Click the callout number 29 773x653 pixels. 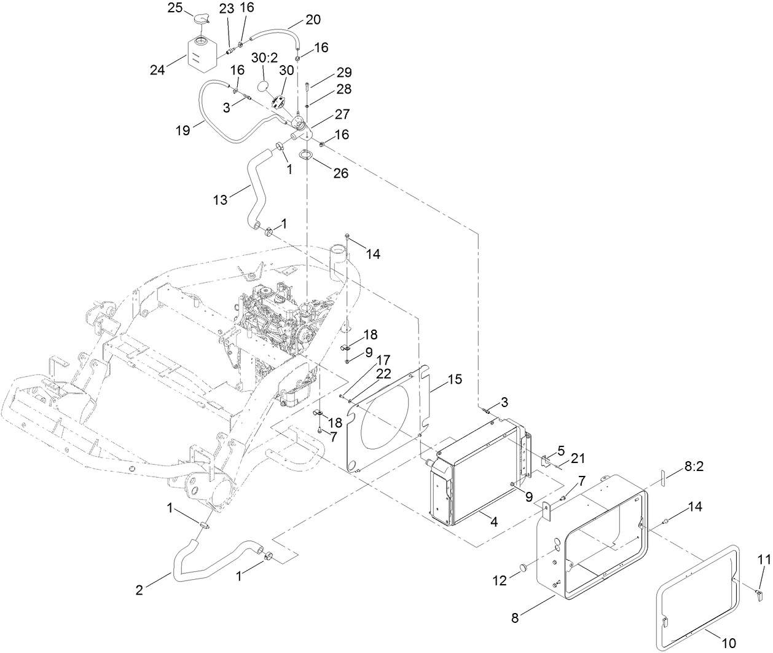[x=343, y=73]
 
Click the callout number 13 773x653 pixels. [x=221, y=199]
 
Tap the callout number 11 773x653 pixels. [x=763, y=559]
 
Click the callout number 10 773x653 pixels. [x=728, y=643]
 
